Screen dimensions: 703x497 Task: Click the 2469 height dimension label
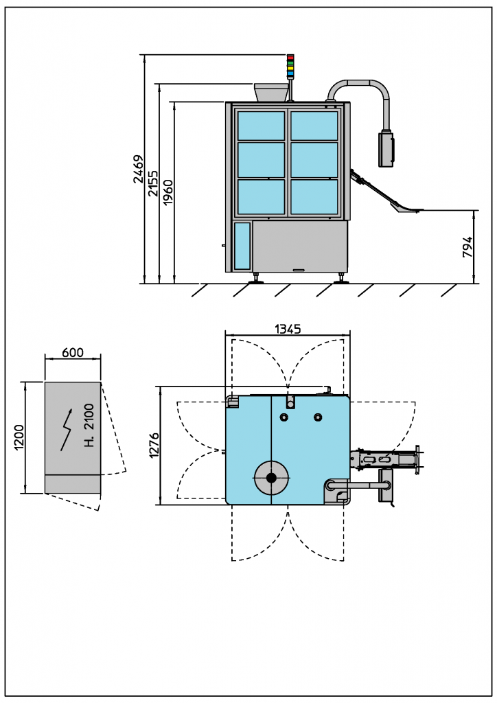click(x=138, y=170)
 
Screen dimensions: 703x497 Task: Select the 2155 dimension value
click(x=152, y=183)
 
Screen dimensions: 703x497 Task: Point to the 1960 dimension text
click(x=168, y=192)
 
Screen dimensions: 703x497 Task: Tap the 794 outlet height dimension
click(x=467, y=247)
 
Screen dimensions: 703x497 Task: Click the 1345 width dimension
click(x=288, y=330)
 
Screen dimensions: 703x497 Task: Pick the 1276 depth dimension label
click(x=154, y=445)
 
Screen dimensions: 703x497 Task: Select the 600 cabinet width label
click(x=73, y=352)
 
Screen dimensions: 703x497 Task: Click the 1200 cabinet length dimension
click(x=19, y=437)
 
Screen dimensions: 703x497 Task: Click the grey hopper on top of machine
click(x=271, y=93)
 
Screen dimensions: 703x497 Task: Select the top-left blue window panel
click(x=261, y=126)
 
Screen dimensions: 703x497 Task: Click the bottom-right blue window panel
click(x=314, y=196)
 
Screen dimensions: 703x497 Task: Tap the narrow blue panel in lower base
click(x=242, y=245)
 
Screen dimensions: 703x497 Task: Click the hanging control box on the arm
click(x=386, y=148)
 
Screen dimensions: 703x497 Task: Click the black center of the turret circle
click(x=271, y=477)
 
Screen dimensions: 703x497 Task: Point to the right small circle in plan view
click(x=317, y=417)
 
